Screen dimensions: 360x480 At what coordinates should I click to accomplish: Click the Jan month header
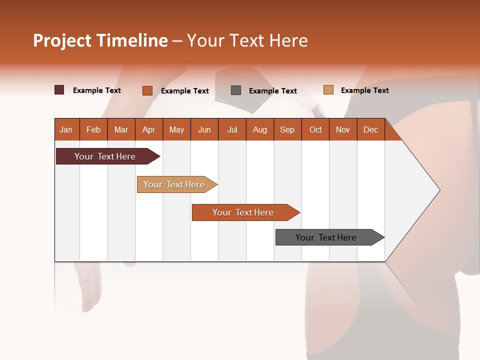66,129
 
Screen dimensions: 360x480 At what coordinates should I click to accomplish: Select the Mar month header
121,129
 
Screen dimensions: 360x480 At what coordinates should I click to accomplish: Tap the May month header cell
176,129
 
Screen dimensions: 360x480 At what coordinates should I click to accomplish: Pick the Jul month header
232,129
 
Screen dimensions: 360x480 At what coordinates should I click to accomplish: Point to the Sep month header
287,129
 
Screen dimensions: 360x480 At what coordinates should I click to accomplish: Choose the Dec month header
370,129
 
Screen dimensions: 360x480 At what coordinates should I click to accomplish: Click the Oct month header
315,129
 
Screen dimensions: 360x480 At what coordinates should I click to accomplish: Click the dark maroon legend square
59,90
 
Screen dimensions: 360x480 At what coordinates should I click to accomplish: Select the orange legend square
147,90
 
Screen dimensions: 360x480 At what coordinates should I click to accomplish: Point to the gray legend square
236,90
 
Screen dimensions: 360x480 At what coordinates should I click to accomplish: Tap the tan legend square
328,89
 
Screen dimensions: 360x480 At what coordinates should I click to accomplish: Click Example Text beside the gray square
272,91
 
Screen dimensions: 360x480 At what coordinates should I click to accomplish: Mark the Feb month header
93,129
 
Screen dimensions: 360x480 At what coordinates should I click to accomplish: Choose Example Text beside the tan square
364,90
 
